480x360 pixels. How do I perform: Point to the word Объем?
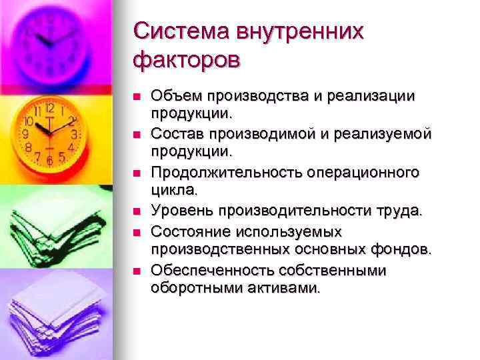(172, 96)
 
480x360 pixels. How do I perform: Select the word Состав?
(175, 134)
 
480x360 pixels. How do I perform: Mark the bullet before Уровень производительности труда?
(137, 212)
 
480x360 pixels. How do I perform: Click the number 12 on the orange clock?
(49, 107)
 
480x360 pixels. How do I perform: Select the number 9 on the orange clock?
(25, 133)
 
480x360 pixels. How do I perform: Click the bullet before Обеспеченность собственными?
(137, 270)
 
